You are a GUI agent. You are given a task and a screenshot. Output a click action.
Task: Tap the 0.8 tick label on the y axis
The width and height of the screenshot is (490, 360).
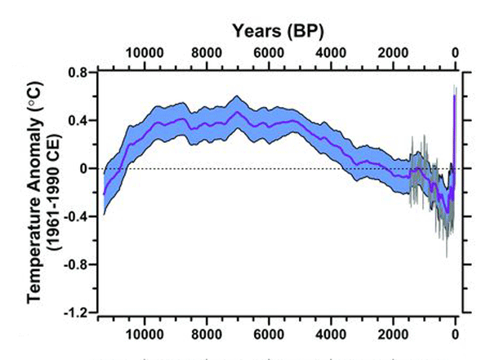pos(78,72)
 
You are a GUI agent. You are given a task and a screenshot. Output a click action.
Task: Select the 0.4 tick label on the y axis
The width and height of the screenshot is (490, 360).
pos(78,120)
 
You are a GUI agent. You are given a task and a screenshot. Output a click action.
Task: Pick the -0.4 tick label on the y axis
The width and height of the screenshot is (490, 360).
pos(76,216)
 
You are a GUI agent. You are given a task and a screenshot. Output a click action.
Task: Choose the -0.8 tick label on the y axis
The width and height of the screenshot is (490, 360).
pos(76,264)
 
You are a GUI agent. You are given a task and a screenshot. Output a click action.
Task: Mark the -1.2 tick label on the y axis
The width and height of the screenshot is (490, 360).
pos(76,313)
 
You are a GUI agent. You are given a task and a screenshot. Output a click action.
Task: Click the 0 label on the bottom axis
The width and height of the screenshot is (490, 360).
pos(456,334)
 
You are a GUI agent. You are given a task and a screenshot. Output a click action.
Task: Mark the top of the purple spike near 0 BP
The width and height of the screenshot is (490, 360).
pos(455,96)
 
